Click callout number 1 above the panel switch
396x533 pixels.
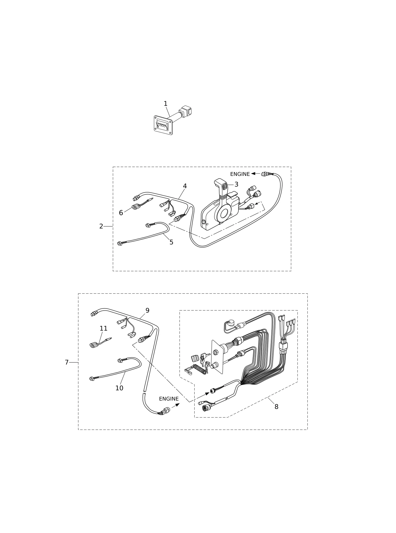coord(166,104)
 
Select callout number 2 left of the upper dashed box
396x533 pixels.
coord(101,226)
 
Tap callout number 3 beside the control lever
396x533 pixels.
coord(236,184)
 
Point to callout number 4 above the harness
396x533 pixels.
coord(185,186)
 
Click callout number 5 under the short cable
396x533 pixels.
coord(171,242)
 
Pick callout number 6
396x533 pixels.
coord(121,213)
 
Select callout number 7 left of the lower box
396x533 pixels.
coord(67,362)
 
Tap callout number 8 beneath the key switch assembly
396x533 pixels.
coord(276,407)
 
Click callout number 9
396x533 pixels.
coord(147,311)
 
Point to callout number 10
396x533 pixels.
coord(119,388)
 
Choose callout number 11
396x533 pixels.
coord(103,328)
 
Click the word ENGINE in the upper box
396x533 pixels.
coord(240,174)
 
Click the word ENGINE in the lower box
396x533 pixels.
coord(169,399)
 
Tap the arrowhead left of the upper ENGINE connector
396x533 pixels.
coord(253,174)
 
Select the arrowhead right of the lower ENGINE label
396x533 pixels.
coord(177,405)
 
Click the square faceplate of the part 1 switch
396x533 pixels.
coord(163,125)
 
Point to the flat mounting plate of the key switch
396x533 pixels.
coord(217,357)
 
